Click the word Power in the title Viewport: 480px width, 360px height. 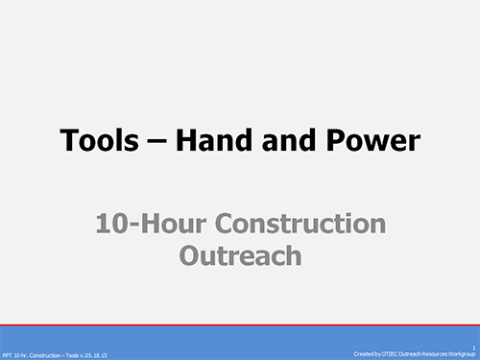click(x=372, y=141)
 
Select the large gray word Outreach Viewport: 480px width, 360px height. click(x=240, y=255)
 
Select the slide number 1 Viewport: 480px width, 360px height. click(x=473, y=348)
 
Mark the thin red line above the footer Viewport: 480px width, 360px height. click(x=240, y=325)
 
